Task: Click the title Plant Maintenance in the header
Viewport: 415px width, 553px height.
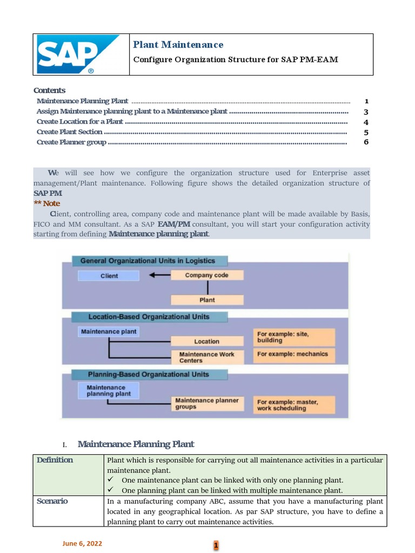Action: (178, 45)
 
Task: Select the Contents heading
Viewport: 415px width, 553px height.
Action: (49, 90)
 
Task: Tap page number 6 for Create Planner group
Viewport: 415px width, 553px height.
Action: (366, 142)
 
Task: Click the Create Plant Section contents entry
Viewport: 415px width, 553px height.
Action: (70, 132)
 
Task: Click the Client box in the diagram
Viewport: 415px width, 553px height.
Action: (109, 275)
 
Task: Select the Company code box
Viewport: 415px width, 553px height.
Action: (207, 275)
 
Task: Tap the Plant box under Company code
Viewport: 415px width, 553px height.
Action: (207, 300)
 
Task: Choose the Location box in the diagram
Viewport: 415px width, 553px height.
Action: (207, 341)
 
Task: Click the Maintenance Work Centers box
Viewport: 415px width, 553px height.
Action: (207, 357)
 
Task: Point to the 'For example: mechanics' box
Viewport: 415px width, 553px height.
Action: (294, 354)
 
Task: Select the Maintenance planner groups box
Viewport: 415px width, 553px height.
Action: (207, 403)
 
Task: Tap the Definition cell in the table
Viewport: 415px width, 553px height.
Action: (55, 460)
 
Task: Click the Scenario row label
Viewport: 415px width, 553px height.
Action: (52, 501)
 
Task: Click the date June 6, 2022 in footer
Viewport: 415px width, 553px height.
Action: (82, 544)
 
